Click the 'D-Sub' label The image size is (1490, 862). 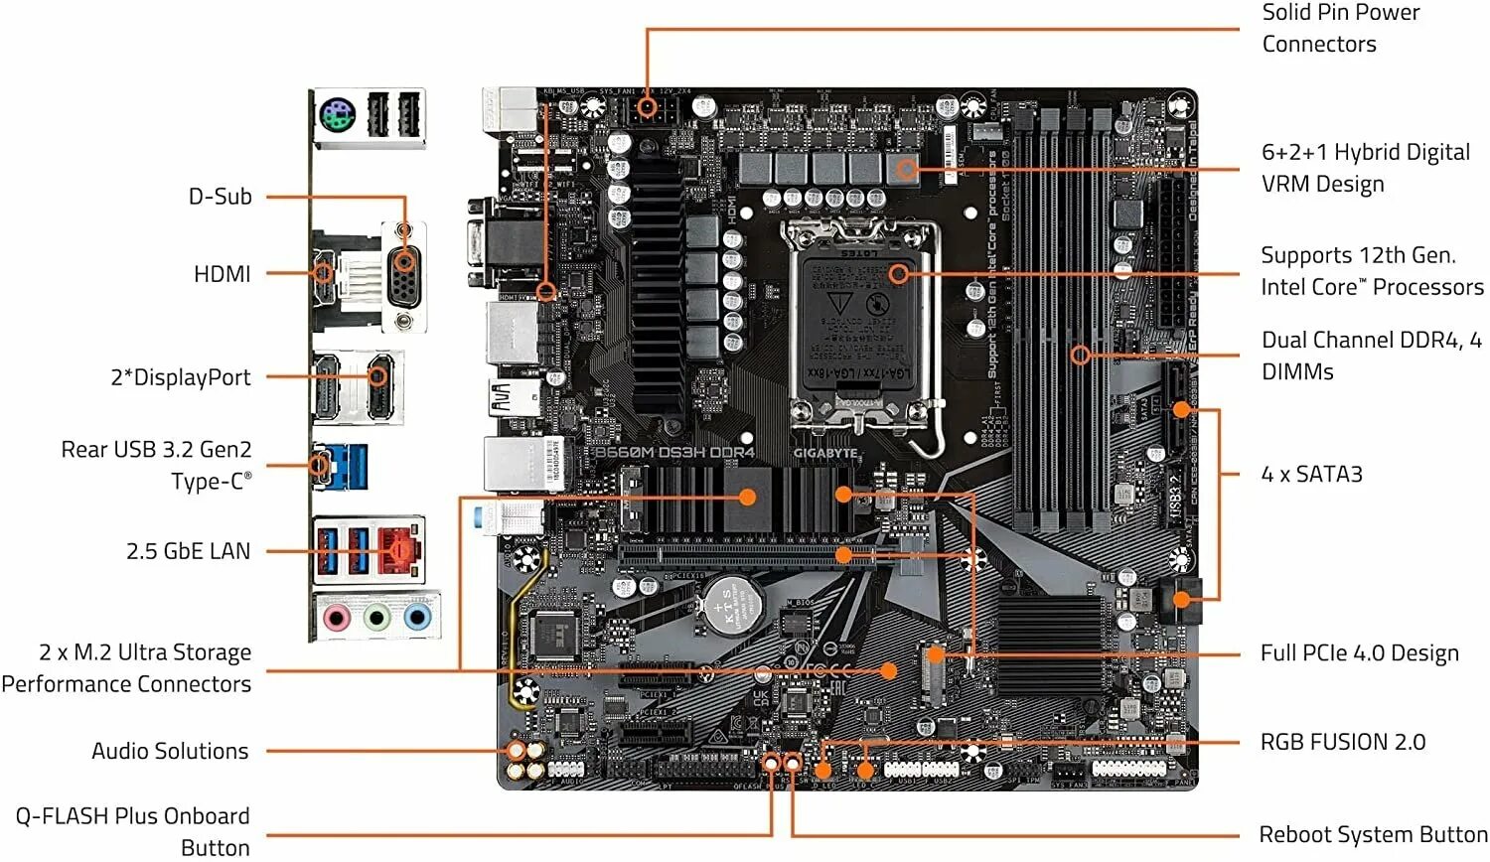(x=220, y=197)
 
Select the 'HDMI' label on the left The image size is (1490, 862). (x=222, y=274)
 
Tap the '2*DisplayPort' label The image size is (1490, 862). (x=180, y=377)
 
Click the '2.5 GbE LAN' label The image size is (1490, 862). (x=188, y=551)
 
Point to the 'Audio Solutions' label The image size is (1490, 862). (x=170, y=751)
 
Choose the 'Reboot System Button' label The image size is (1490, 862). (x=1373, y=834)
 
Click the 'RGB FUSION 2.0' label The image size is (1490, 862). (x=1342, y=742)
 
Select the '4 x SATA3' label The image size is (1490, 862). (x=1311, y=474)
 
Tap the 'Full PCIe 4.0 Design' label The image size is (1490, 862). (x=1359, y=652)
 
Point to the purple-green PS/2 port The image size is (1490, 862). (x=337, y=116)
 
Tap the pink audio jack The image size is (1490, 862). (x=337, y=619)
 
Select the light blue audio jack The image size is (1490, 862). (x=417, y=619)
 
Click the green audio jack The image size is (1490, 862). (x=376, y=619)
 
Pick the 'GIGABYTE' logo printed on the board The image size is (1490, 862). (x=824, y=453)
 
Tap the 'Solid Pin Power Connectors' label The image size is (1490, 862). (x=1340, y=28)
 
